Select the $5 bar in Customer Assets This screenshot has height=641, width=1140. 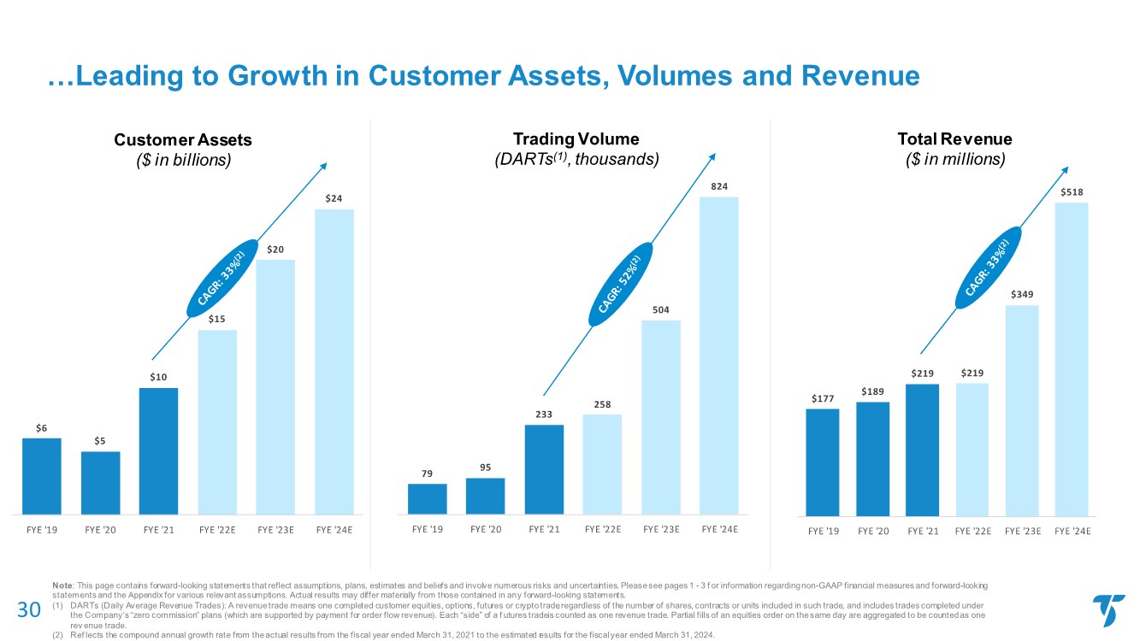[101, 482]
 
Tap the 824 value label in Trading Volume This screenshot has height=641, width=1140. [719, 185]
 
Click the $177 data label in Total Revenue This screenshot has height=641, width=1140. [822, 397]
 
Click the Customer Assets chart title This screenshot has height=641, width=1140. [183, 139]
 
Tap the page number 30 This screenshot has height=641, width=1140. [30, 609]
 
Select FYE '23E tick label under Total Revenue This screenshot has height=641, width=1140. [1021, 531]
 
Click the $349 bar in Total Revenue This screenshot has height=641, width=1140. [1021, 410]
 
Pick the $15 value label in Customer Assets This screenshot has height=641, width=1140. [217, 319]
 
